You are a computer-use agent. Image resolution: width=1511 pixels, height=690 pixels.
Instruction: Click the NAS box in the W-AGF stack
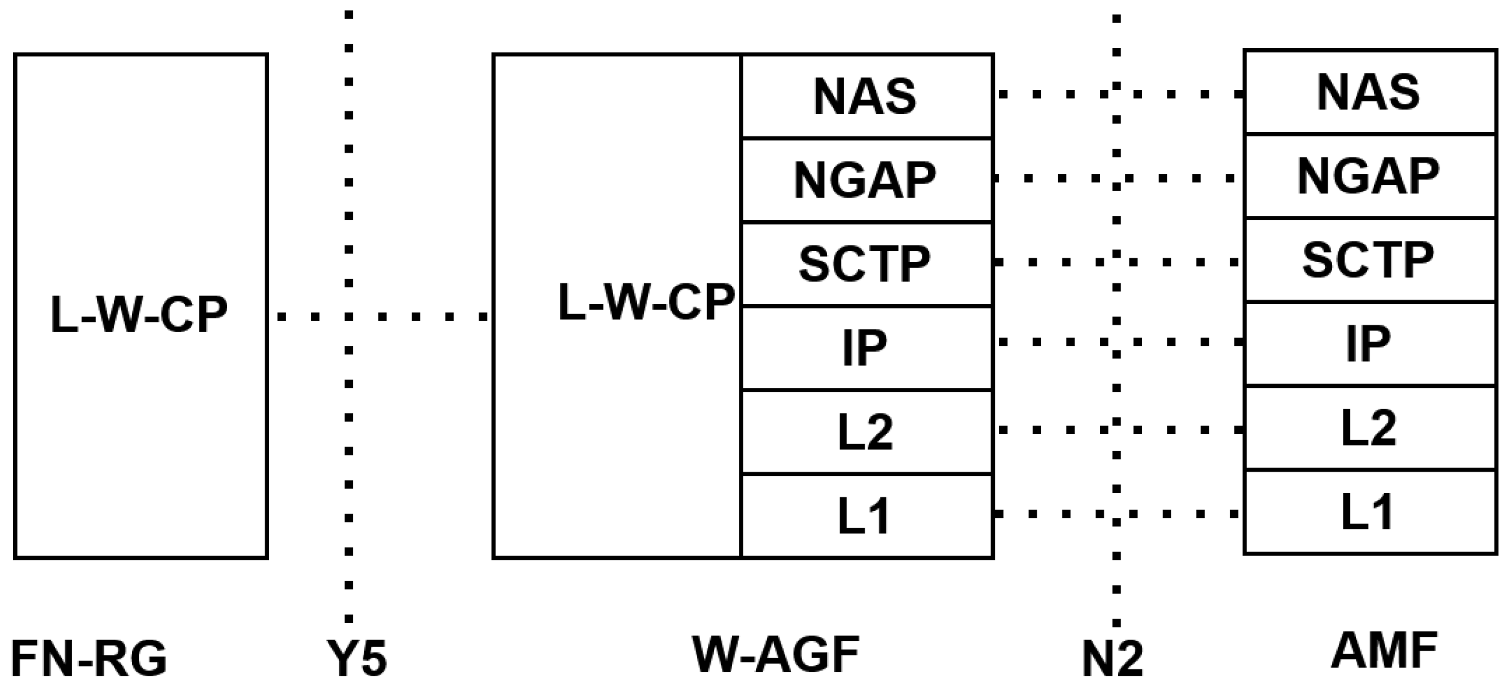[867, 96]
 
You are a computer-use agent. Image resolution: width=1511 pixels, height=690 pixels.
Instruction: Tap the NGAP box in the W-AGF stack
[867, 180]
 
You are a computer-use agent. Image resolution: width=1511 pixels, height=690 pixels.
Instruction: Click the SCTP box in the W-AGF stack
[867, 264]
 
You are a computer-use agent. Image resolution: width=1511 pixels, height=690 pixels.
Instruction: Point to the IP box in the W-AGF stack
[867, 348]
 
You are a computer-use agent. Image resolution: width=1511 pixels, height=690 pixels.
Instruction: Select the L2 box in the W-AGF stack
[867, 432]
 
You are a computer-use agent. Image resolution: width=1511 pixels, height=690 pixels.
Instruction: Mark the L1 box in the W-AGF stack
[867, 516]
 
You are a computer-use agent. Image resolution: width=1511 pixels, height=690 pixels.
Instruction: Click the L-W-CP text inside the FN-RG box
[139, 315]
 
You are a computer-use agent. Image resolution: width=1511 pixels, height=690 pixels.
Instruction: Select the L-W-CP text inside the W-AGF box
[646, 302]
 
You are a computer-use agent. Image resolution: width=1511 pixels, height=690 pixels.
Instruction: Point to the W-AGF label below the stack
[776, 654]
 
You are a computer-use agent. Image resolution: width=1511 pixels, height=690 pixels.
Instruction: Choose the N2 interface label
[1112, 659]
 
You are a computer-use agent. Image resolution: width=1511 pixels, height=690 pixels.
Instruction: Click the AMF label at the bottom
[1384, 651]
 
